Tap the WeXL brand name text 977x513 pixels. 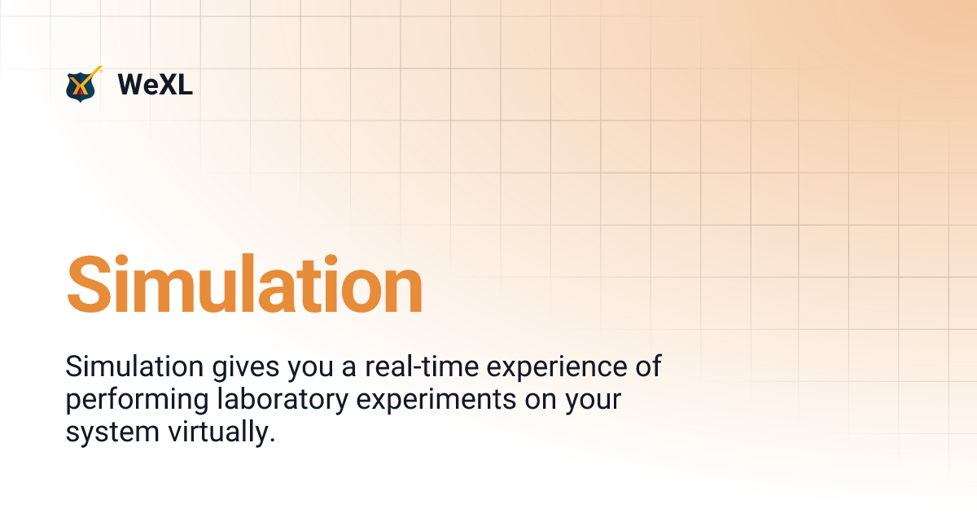click(x=155, y=85)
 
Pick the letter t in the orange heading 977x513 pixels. click(x=306, y=285)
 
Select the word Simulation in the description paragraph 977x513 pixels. click(x=134, y=367)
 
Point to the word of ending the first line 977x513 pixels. click(x=648, y=367)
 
